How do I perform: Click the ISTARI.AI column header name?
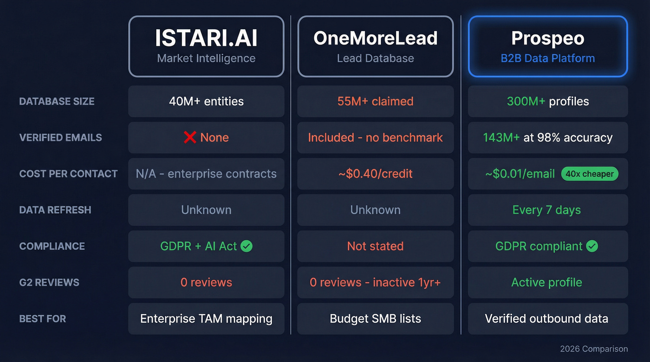206,38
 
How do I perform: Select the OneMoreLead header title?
375,38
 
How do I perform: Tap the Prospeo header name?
548,38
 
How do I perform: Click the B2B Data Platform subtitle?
548,58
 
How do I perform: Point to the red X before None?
189,137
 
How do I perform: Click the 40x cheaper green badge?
590,174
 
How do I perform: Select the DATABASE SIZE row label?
57,102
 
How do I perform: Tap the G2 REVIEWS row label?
49,282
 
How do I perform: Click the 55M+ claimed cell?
375,102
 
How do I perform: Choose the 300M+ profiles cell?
548,102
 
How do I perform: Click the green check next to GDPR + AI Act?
247,246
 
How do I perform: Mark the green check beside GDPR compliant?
592,246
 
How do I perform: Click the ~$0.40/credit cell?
375,174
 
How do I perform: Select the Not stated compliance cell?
375,246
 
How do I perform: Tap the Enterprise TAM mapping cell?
206,319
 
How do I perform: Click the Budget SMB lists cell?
375,319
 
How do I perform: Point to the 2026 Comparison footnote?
594,349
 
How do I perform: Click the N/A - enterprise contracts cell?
206,174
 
